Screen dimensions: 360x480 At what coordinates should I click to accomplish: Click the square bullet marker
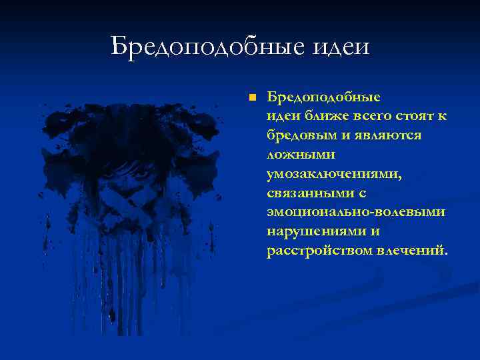point(251,97)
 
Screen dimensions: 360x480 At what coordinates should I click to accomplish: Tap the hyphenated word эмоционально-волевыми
point(355,212)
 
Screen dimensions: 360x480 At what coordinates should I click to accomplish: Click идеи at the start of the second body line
point(279,117)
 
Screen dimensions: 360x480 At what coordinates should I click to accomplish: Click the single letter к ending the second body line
point(442,117)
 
